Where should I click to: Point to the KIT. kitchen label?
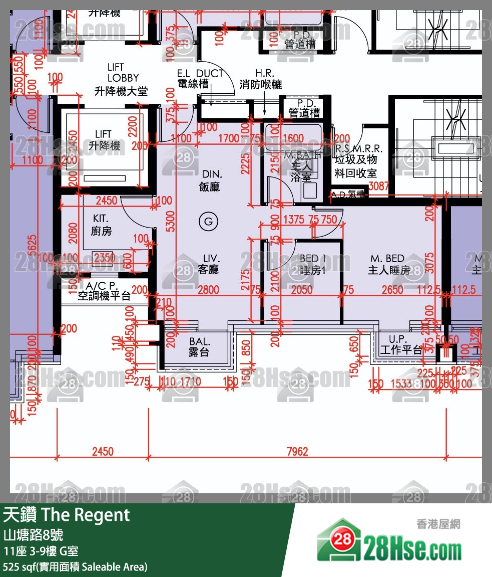tap(101, 225)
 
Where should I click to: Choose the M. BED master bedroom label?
tap(389, 264)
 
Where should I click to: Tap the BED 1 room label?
tap(313, 265)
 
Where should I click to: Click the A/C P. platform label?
tap(104, 291)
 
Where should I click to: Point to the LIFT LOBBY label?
tap(122, 79)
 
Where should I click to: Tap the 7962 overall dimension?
tap(297, 452)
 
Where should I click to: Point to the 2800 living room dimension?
tap(208, 290)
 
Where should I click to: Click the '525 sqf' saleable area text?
tap(75, 567)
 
